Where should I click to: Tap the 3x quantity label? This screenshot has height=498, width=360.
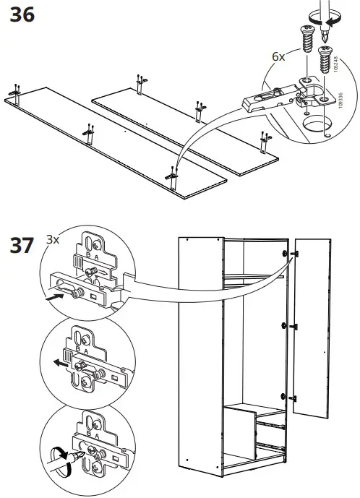pos(52,239)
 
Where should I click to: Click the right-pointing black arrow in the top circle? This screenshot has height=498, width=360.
pos(54,296)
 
